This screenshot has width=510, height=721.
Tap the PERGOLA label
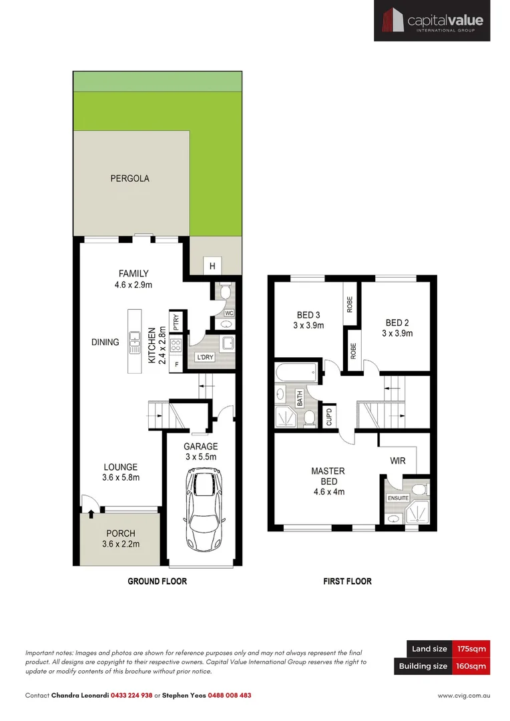(x=130, y=179)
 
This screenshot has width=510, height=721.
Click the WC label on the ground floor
(x=228, y=313)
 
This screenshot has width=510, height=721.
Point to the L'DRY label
(x=204, y=358)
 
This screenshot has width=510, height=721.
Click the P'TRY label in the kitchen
(x=176, y=323)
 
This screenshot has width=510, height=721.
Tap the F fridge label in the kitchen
(x=176, y=365)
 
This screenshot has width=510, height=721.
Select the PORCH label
(x=119, y=533)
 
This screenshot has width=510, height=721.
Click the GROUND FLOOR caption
(x=157, y=581)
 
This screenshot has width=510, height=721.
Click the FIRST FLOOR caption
(x=347, y=581)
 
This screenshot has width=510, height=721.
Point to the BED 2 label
(x=397, y=323)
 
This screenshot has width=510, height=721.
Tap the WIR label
(x=399, y=461)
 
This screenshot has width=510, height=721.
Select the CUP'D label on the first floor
(x=328, y=417)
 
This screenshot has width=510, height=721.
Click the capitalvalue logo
(x=431, y=21)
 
